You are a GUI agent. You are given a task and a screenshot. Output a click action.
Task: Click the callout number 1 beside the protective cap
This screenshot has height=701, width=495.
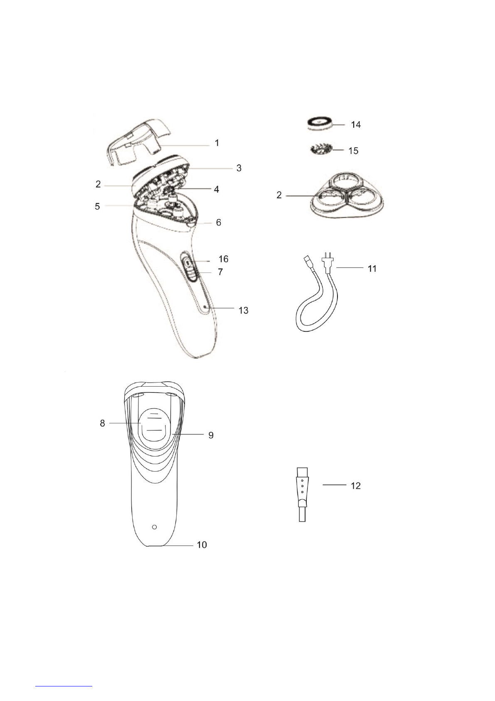217,143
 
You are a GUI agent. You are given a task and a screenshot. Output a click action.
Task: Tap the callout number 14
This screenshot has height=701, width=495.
356,125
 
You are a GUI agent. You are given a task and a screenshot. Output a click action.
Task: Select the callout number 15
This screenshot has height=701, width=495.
353,151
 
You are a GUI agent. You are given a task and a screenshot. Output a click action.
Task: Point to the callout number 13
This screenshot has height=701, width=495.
244,311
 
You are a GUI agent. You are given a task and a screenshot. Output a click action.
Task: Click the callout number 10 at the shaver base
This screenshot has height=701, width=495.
202,545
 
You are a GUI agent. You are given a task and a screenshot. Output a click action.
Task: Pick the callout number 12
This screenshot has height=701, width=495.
356,486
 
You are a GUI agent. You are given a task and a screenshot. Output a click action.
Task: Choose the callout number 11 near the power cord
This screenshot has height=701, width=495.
372,268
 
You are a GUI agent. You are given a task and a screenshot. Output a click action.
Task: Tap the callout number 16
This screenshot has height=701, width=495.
224,259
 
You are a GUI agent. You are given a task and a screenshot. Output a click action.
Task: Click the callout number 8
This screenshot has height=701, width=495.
102,423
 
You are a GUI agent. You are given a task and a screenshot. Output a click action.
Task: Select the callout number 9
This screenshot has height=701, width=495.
211,435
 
